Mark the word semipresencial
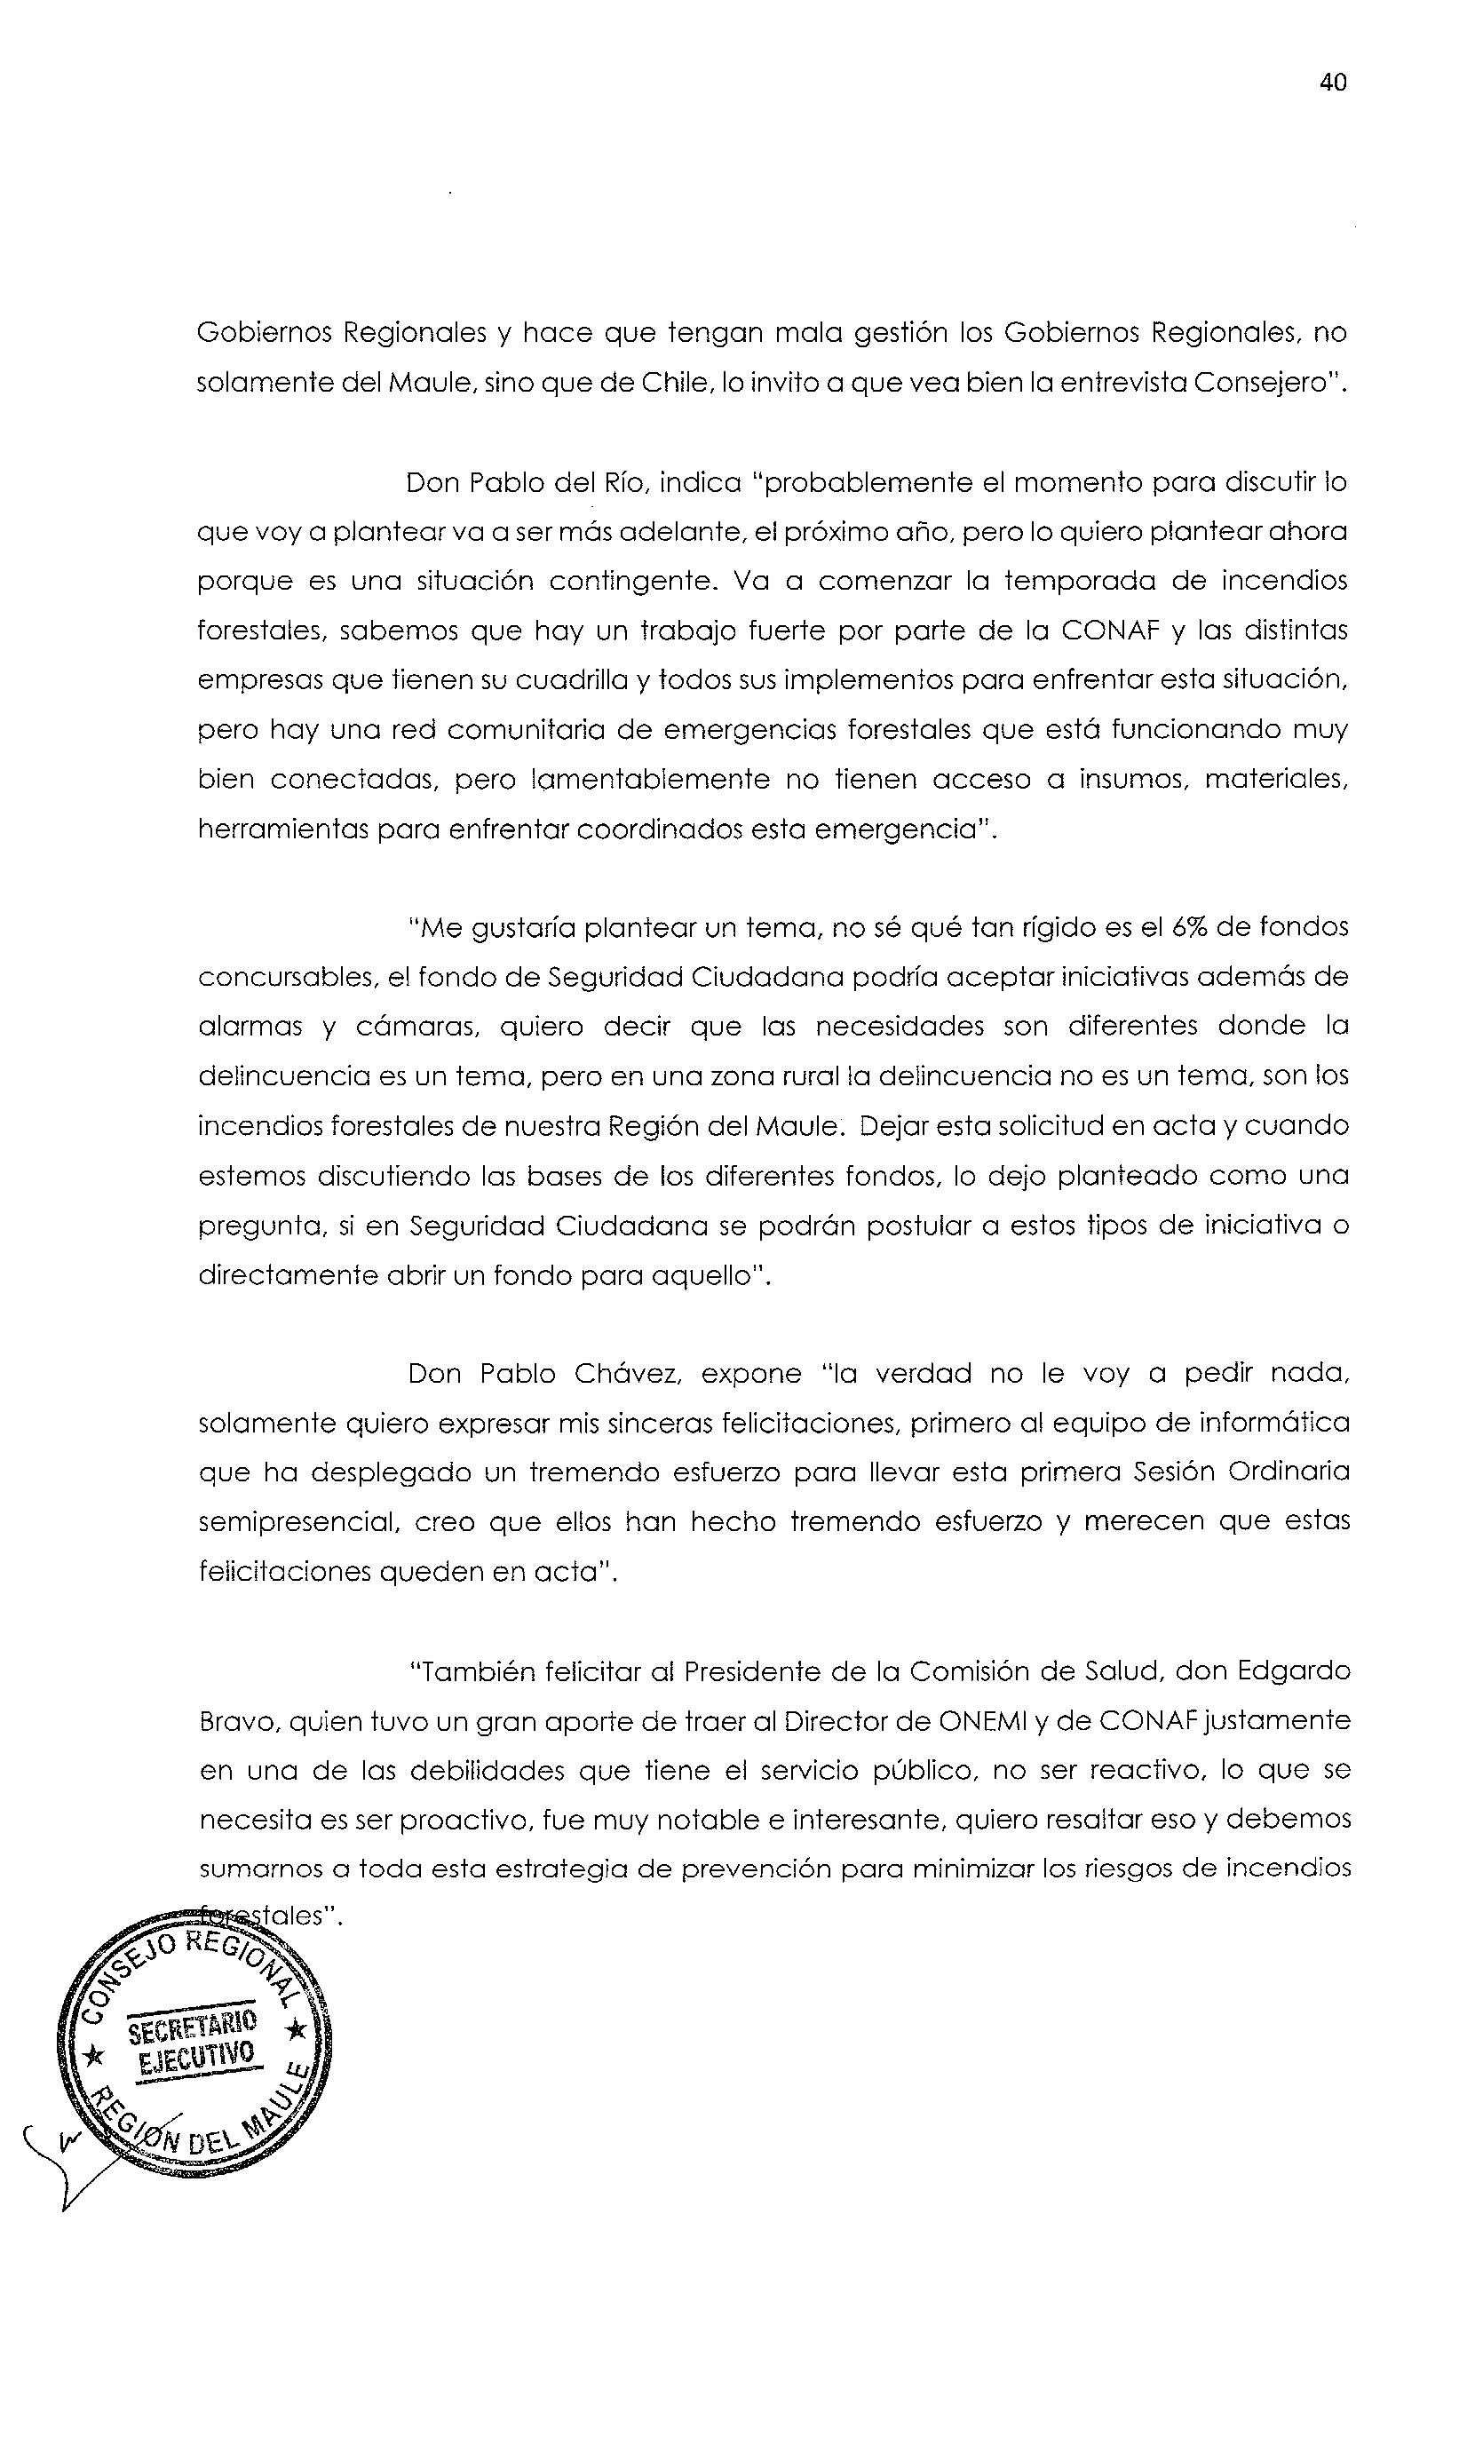[297, 1522]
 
